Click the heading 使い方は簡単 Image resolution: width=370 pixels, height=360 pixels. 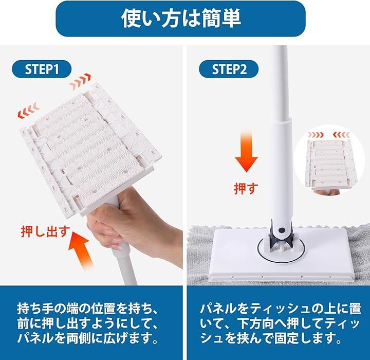(x=181, y=19)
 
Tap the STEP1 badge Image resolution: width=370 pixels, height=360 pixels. (x=42, y=69)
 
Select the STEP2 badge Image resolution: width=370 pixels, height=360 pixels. (x=229, y=69)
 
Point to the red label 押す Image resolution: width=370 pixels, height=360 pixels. (x=246, y=188)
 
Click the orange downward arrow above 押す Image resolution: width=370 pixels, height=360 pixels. (x=246, y=151)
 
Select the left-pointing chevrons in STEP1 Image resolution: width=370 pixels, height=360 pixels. (x=28, y=111)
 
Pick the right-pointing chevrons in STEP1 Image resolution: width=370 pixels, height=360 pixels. (x=80, y=81)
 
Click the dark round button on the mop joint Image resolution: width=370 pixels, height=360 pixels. (x=281, y=230)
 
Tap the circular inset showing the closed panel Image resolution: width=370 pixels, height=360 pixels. (x=330, y=161)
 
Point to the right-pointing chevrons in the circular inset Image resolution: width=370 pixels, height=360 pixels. (x=316, y=135)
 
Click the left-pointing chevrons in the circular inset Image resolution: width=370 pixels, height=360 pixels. (x=341, y=135)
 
